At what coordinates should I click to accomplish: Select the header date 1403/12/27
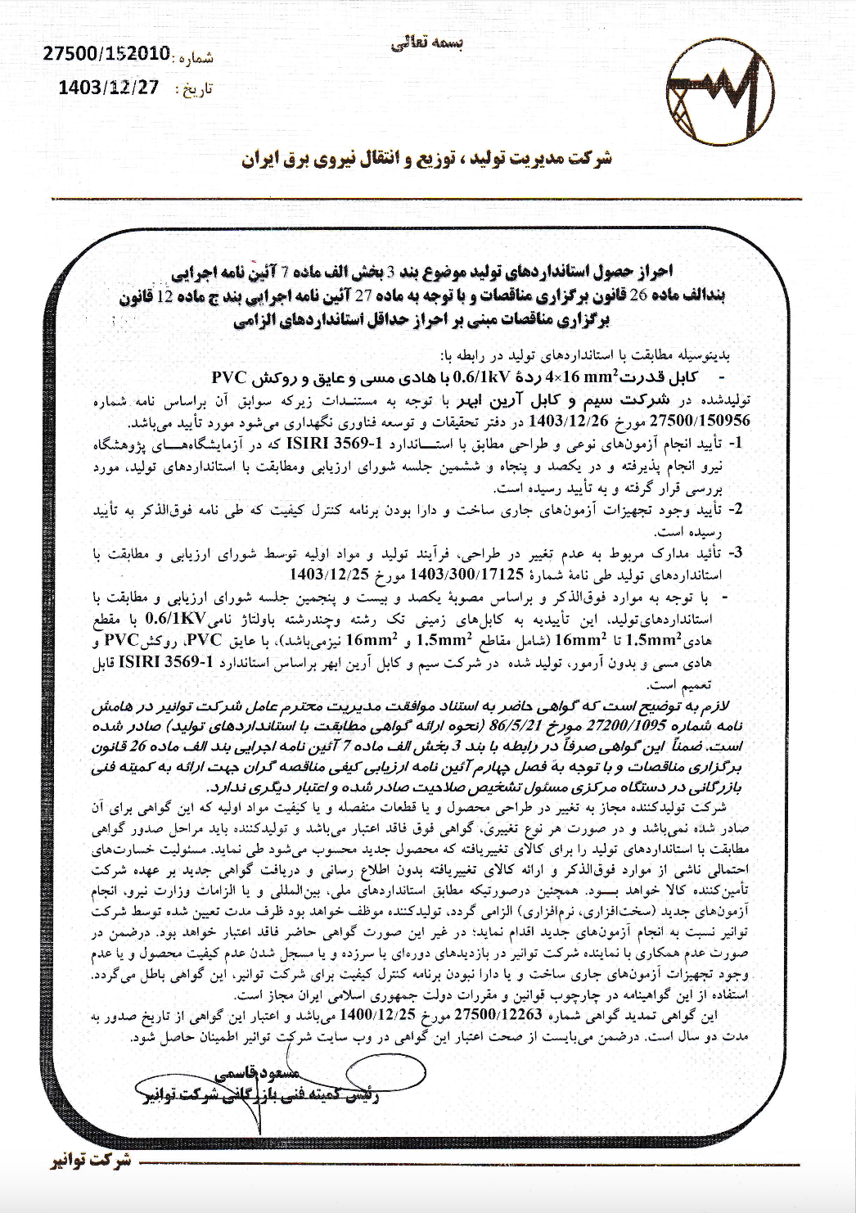[109, 87]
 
